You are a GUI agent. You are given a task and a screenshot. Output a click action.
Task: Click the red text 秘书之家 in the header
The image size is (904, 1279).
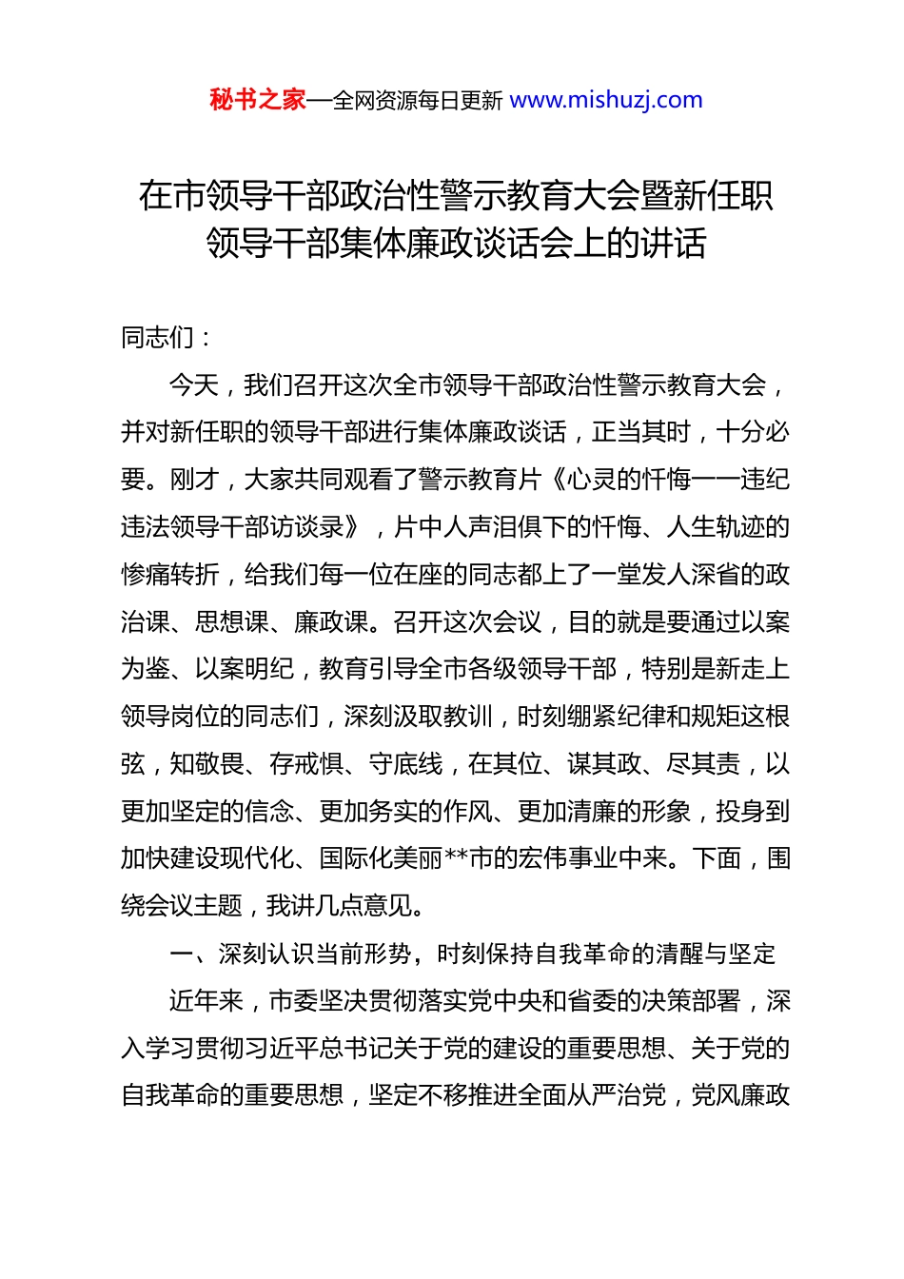tap(257, 100)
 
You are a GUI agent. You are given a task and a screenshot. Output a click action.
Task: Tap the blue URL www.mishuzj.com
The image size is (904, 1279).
tap(606, 100)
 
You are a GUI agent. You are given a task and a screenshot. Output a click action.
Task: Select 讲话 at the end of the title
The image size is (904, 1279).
tap(673, 244)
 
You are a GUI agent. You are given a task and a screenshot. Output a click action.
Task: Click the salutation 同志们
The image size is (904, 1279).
tap(158, 337)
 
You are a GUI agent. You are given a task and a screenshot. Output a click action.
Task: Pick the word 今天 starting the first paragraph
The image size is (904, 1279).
tap(194, 384)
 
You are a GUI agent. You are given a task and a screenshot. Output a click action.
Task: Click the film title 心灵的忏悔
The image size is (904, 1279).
tap(628, 479)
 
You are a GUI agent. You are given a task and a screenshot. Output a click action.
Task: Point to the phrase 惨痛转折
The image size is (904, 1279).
tap(170, 574)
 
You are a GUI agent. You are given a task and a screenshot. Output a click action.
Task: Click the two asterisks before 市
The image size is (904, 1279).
tap(456, 858)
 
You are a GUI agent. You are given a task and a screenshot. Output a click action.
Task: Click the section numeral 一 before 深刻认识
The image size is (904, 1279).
tap(182, 954)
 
